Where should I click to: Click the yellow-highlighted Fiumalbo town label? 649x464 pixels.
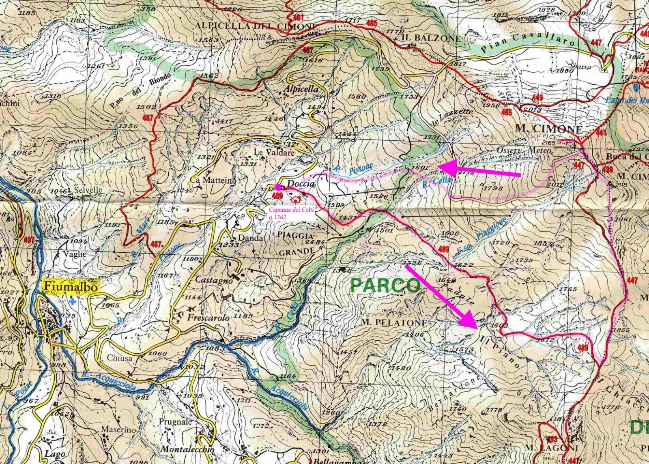[71, 286]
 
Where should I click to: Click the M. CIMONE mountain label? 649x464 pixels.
[548, 129]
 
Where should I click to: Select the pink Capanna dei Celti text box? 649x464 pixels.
[291, 213]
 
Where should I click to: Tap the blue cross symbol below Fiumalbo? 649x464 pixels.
[73, 301]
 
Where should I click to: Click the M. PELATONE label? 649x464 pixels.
[393, 323]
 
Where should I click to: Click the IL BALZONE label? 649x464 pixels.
[431, 38]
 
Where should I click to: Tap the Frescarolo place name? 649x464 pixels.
[208, 318]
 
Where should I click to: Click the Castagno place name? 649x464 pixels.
[214, 280]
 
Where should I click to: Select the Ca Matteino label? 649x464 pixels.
[213, 180]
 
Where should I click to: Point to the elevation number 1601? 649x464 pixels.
[419, 167]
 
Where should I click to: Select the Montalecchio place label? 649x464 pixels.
[187, 449]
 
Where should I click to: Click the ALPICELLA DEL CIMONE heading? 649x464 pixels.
[256, 26]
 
